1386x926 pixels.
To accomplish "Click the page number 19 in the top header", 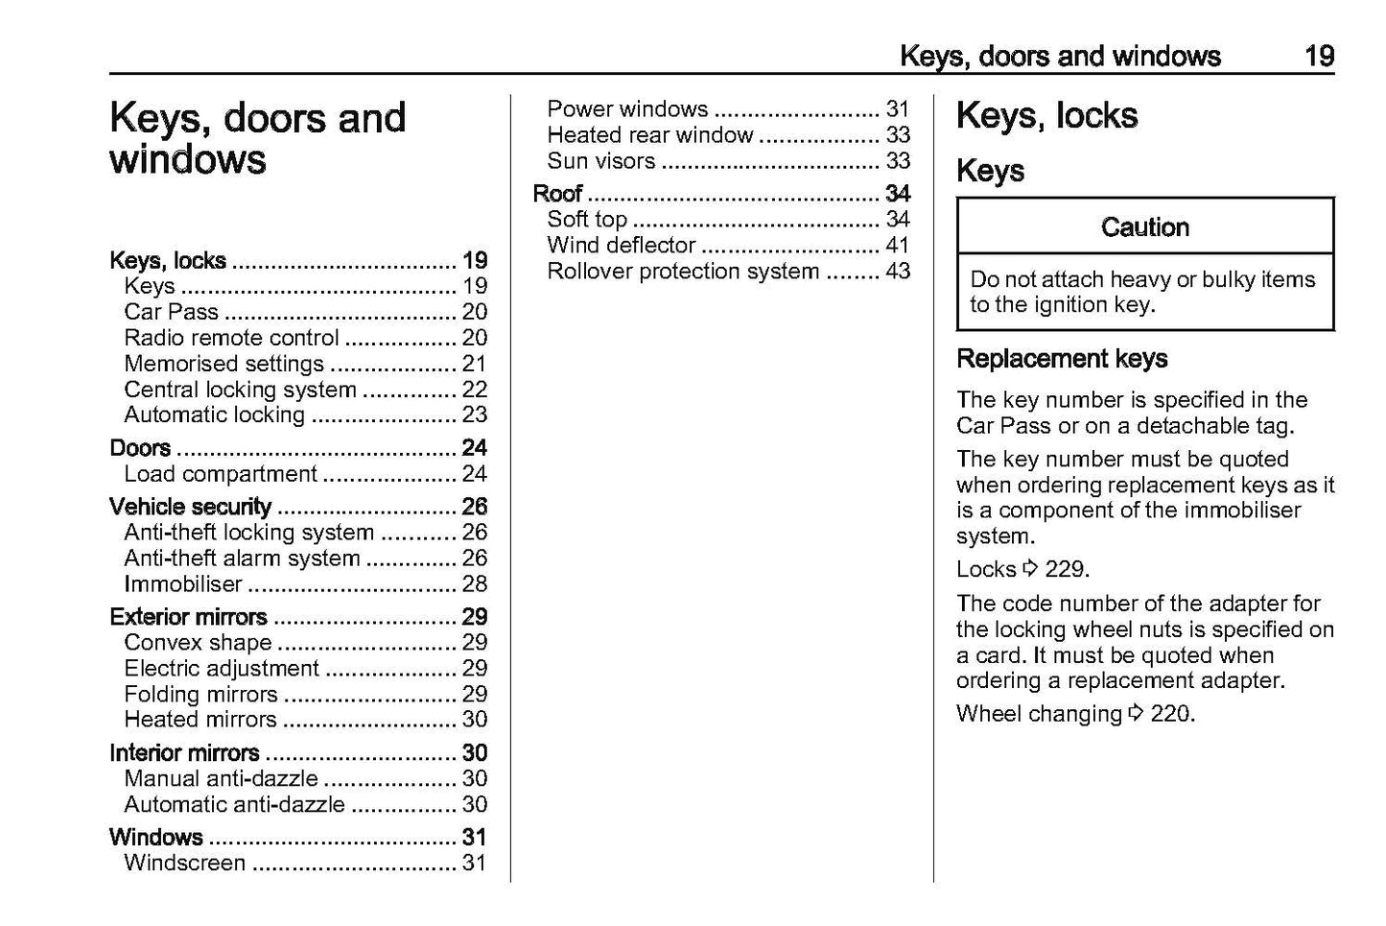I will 1319,56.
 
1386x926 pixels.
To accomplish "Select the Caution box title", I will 1144,227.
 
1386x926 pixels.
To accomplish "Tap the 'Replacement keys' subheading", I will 1062,359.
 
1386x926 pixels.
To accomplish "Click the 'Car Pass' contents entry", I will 171,312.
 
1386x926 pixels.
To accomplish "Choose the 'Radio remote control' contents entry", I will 231,338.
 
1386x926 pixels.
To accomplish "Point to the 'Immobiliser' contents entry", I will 183,584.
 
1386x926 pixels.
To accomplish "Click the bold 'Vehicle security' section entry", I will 190,507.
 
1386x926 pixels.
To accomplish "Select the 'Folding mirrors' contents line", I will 200,694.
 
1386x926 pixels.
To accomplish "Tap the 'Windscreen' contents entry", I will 184,863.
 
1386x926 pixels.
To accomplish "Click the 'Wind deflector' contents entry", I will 621,246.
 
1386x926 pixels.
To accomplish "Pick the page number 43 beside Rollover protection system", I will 898,272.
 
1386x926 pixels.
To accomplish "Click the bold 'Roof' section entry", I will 557,194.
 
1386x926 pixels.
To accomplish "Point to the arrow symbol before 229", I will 1030,569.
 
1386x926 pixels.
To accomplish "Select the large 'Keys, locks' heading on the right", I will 1046,116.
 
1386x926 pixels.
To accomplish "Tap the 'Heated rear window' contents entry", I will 650,135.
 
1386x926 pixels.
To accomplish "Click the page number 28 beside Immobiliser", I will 475,584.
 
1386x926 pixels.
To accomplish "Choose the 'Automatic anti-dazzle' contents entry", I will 234,804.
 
